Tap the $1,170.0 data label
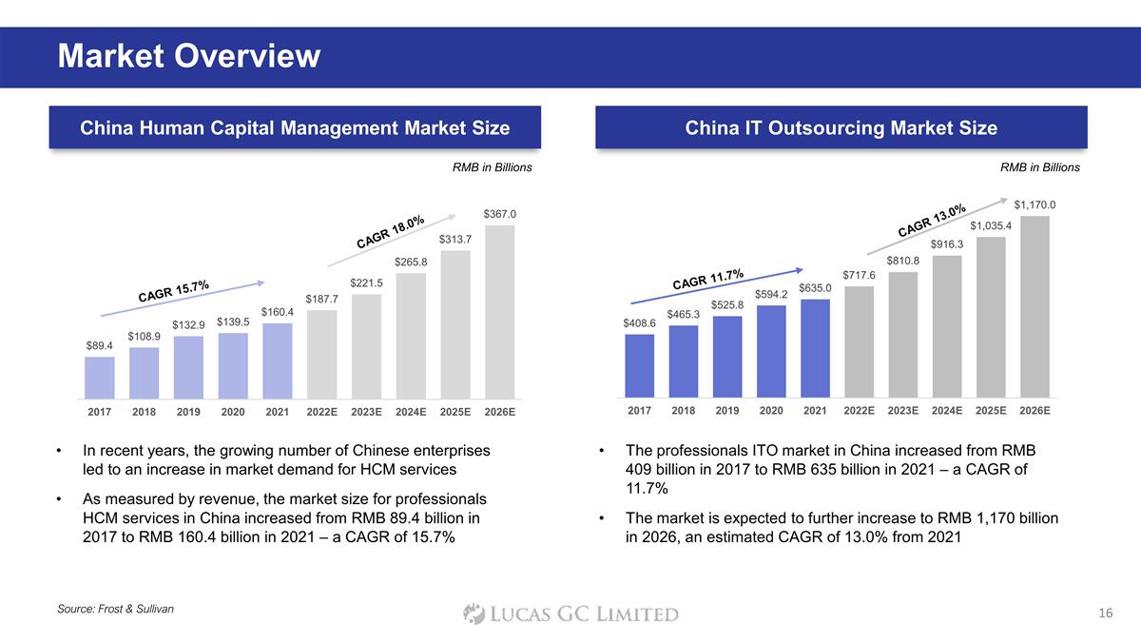[x=1035, y=204]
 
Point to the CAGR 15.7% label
[x=173, y=291]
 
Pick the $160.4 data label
[x=278, y=312]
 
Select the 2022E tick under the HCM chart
[x=322, y=413]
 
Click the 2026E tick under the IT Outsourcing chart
[x=1035, y=411]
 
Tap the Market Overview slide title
[x=189, y=57]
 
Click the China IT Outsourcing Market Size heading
[x=841, y=127]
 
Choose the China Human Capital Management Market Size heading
[x=295, y=127]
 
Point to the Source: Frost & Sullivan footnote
[x=116, y=608]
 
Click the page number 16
[x=1104, y=613]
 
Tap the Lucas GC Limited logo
[x=570, y=613]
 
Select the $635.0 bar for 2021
[x=815, y=348]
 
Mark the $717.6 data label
[x=859, y=275]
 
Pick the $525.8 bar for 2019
[x=727, y=356]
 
